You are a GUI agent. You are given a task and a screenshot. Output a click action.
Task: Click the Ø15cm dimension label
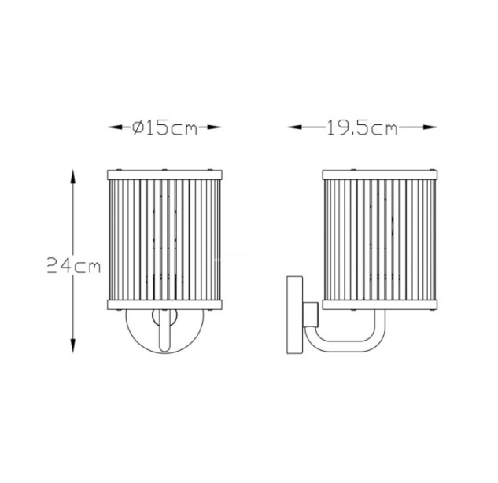[x=165, y=128]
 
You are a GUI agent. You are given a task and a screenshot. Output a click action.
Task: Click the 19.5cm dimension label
[x=362, y=128]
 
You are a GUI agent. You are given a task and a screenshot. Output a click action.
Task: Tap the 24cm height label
[x=74, y=265]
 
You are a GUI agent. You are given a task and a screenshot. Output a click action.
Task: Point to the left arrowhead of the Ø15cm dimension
[x=115, y=127]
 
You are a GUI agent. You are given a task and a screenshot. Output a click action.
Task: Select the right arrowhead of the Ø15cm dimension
[x=214, y=127]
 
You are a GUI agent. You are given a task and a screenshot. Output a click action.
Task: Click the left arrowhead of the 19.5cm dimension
[x=295, y=127]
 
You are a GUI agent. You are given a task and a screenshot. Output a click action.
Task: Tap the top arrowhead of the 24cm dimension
[x=73, y=177]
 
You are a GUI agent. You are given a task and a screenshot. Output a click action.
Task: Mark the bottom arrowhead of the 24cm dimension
[x=73, y=345]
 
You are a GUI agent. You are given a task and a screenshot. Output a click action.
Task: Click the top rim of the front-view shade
[x=164, y=175]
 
